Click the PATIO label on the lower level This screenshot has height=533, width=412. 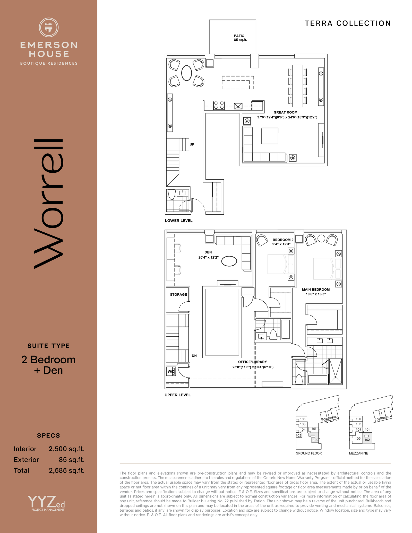[x=239, y=36]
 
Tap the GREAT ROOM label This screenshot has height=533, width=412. [x=285, y=112]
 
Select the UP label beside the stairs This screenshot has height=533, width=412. [x=192, y=144]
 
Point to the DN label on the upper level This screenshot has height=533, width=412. [x=194, y=356]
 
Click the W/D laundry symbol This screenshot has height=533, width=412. [x=171, y=371]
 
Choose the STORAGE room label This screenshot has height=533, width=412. [x=178, y=294]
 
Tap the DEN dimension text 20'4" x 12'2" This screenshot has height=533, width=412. [x=208, y=257]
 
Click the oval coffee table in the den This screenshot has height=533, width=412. [x=229, y=261]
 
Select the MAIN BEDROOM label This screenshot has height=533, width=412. [x=316, y=290]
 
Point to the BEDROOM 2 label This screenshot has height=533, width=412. [x=283, y=240]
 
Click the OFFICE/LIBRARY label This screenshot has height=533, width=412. [x=252, y=362]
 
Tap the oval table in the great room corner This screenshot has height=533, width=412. [x=186, y=73]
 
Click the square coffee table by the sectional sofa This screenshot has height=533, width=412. [x=270, y=136]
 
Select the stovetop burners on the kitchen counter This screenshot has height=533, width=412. [x=219, y=105]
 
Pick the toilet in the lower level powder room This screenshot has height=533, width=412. [x=171, y=194]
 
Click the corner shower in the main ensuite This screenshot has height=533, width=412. [x=336, y=371]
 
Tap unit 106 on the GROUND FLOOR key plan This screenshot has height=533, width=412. [x=303, y=419]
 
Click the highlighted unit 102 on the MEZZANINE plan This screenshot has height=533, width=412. [x=367, y=438]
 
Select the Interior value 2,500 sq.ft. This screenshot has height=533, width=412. [x=67, y=449]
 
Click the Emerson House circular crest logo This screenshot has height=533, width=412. [x=49, y=27]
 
